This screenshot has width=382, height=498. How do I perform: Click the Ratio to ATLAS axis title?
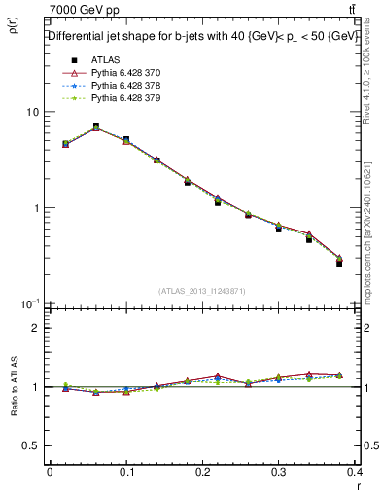click(16, 387)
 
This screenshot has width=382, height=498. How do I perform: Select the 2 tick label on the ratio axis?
click(35, 328)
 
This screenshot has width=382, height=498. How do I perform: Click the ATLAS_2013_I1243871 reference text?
click(202, 291)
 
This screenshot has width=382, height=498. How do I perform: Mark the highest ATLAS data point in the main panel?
click(95, 126)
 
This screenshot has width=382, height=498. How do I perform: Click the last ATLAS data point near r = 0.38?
click(339, 263)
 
